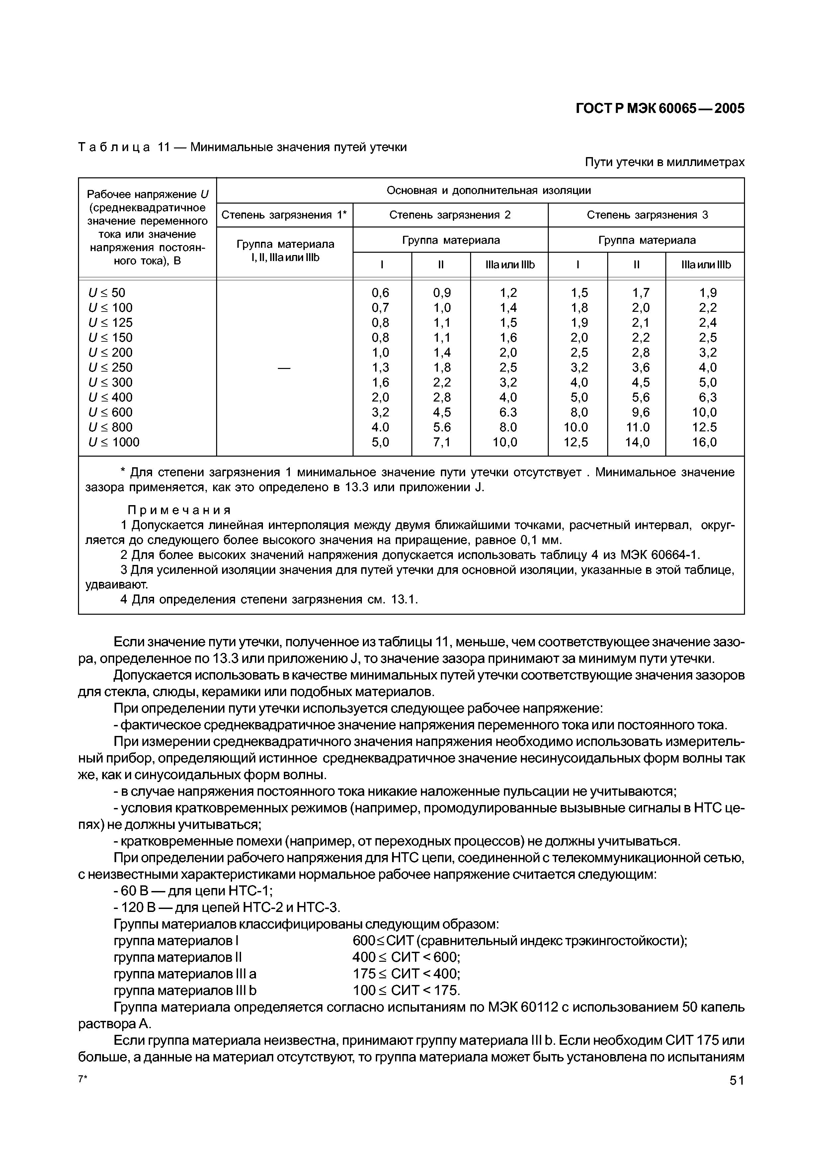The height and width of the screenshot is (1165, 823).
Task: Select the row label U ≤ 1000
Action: [114, 442]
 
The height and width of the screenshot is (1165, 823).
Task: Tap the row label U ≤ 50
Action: [107, 293]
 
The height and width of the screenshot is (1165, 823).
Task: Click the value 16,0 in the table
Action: [704, 442]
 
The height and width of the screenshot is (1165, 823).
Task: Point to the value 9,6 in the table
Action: [636, 412]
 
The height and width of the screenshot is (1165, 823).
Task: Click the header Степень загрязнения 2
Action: [450, 215]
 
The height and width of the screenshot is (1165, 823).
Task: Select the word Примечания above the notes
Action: [179, 509]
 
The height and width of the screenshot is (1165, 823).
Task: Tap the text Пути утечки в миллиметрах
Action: [664, 162]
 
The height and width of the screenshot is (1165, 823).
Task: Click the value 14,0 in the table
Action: [636, 442]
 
